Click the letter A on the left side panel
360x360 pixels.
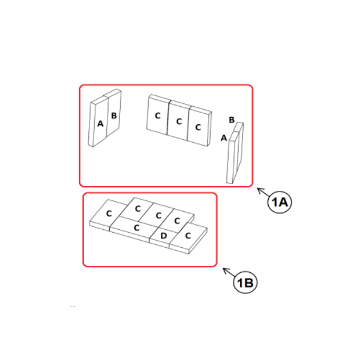(100, 124)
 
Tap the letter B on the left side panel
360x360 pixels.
(114, 115)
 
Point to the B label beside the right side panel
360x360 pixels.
(232, 119)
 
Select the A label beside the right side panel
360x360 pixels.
(224, 138)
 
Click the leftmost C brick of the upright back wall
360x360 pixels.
(158, 115)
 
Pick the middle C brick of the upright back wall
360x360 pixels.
(179, 121)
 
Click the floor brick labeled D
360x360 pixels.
(163, 236)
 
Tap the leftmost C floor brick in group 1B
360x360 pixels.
(108, 213)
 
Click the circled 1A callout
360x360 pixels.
(280, 202)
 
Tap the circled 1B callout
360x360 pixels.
(245, 283)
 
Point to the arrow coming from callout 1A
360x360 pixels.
(263, 193)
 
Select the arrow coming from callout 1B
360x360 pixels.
(229, 272)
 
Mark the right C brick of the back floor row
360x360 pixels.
(177, 221)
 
